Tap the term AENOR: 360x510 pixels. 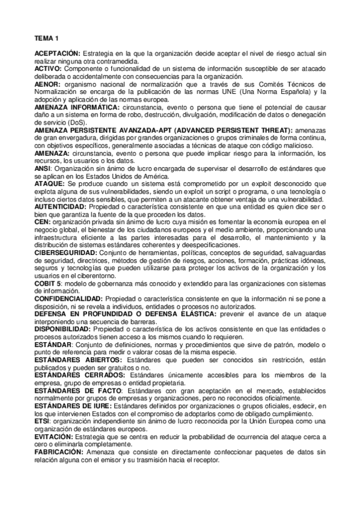click(x=47, y=84)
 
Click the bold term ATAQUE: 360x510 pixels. click(x=50, y=183)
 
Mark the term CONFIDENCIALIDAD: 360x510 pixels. click(x=69, y=298)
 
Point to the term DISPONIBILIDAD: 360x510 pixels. click(x=63, y=328)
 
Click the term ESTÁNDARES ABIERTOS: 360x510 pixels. click(x=78, y=359)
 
